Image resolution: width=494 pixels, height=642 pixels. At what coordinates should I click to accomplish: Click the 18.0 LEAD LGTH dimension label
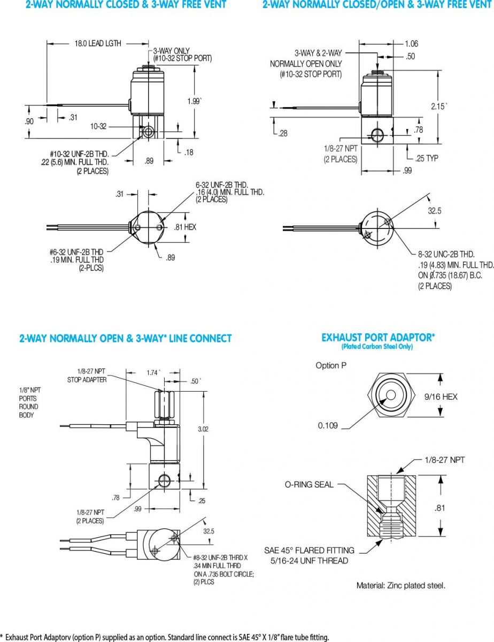tap(97, 43)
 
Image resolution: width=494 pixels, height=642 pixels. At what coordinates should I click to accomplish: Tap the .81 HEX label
tap(186, 227)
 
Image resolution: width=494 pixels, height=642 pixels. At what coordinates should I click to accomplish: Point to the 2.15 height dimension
tap(439, 106)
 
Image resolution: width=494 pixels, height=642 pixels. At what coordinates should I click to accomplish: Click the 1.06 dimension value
tap(411, 43)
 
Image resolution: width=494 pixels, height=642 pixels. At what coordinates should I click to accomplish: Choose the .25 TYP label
tap(427, 158)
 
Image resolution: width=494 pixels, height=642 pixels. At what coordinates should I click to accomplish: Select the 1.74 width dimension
tap(153, 371)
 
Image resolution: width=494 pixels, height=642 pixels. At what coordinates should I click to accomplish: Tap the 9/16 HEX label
tap(441, 396)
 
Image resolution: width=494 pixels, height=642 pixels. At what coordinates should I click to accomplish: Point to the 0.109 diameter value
tap(329, 425)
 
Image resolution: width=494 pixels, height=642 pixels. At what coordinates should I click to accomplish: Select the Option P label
tap(335, 365)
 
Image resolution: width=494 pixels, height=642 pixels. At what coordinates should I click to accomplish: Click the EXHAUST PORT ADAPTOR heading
tap(378, 338)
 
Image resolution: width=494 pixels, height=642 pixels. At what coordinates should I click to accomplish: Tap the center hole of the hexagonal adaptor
tap(391, 395)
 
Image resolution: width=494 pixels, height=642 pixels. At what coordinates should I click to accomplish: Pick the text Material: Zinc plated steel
tap(401, 585)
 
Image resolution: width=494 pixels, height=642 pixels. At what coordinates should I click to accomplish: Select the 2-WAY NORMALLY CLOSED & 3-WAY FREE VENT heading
tap(126, 5)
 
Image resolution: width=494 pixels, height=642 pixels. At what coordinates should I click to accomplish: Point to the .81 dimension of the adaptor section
tap(439, 508)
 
